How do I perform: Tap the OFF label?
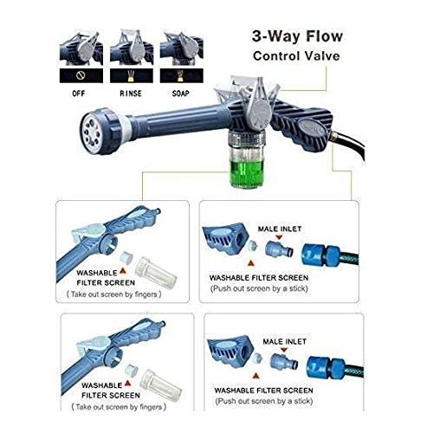click(79, 94)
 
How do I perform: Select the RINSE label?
click(131, 94)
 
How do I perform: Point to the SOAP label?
click(181, 94)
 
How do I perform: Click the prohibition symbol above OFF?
click(81, 75)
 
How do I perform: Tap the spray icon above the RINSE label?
click(131, 75)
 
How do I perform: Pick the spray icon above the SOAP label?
click(181, 75)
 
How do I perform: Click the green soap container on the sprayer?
click(246, 174)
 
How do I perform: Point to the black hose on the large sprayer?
click(351, 145)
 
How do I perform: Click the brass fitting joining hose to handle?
click(335, 135)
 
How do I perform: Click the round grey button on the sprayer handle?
click(313, 129)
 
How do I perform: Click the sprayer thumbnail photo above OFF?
click(81, 48)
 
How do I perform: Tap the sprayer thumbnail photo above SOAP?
click(182, 48)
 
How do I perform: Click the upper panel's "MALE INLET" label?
click(280, 229)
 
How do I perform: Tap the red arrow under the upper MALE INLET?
click(279, 237)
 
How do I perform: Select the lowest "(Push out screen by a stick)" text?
click(264, 401)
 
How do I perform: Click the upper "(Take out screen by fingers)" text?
click(114, 294)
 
